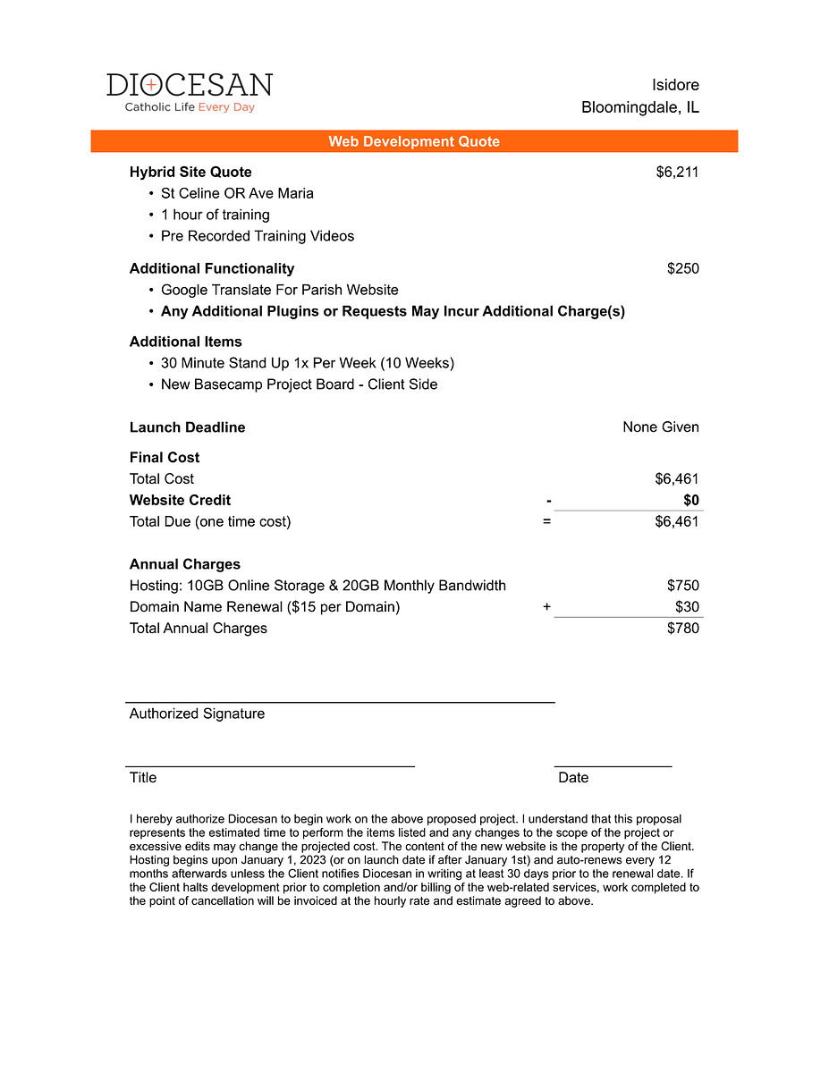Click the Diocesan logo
pos(190,92)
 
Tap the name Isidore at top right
pos(675,85)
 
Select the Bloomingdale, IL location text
pos(640,107)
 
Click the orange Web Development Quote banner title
pos(414,141)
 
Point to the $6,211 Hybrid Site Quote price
pos(677,172)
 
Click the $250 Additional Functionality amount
pos(683,268)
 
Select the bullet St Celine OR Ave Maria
pos(237,193)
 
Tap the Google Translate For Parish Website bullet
pos(279,290)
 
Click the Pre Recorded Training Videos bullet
pos(258,236)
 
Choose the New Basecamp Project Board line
pos(299,384)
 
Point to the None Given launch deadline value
pos(661,427)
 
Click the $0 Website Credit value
pos(691,500)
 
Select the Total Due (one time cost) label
pos(210,521)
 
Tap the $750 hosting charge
pos(683,586)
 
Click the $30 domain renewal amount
pos(687,607)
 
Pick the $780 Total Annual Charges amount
pos(683,628)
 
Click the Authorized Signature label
pos(197,714)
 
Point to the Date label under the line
pos(573,778)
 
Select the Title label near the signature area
pos(143,778)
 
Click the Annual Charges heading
pos(185,564)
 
